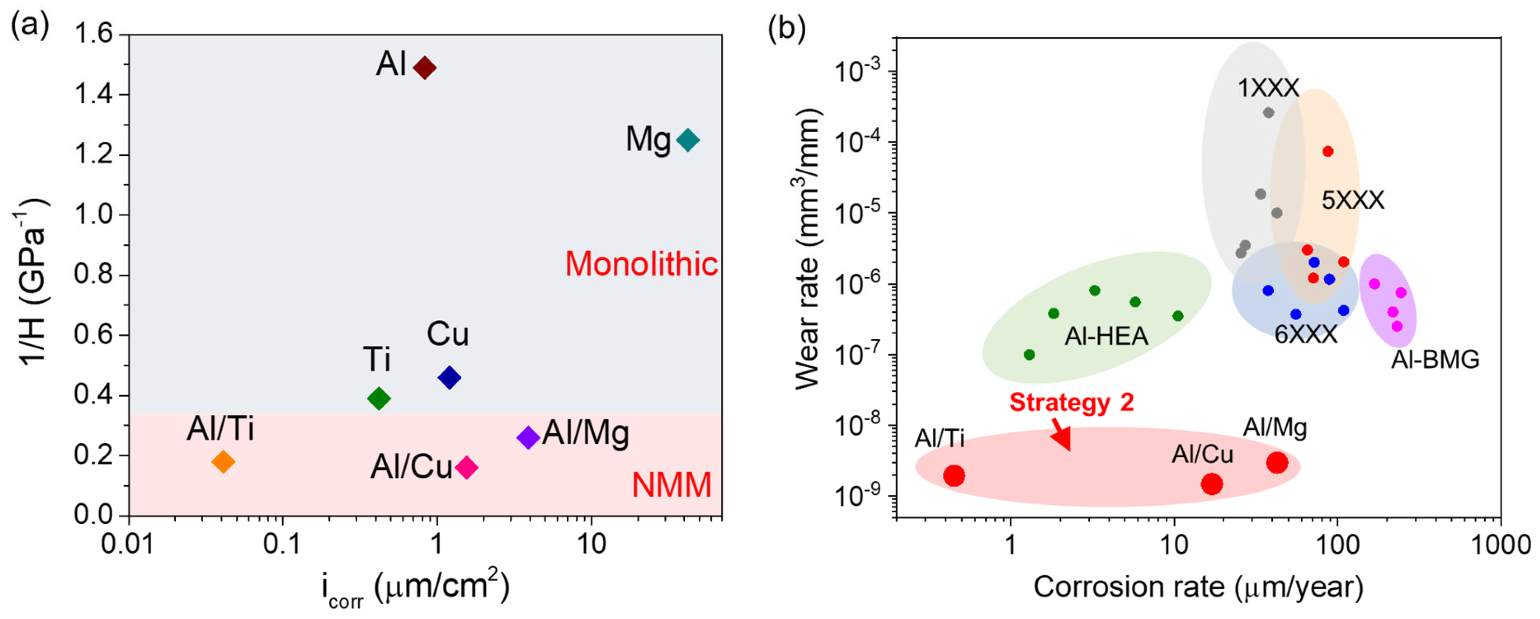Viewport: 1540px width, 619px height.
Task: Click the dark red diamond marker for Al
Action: pos(424,68)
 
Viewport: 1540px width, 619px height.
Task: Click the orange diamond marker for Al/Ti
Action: pos(224,461)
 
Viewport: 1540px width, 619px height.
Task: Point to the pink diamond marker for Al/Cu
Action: pos(466,467)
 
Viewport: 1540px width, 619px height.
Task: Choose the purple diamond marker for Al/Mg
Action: pos(528,437)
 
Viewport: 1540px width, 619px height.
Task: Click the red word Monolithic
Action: pos(641,264)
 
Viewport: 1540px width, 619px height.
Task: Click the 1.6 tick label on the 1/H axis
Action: pos(93,33)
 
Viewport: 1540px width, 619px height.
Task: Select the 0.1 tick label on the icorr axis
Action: pos(282,544)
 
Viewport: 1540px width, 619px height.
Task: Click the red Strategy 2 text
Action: pos(1071,402)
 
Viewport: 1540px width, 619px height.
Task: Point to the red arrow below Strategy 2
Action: pos(1061,435)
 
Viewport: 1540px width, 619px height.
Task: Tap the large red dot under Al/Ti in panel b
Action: pos(954,476)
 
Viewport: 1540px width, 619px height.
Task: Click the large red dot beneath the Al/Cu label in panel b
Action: pos(1212,483)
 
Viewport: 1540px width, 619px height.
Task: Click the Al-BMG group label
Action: pos(1435,359)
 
